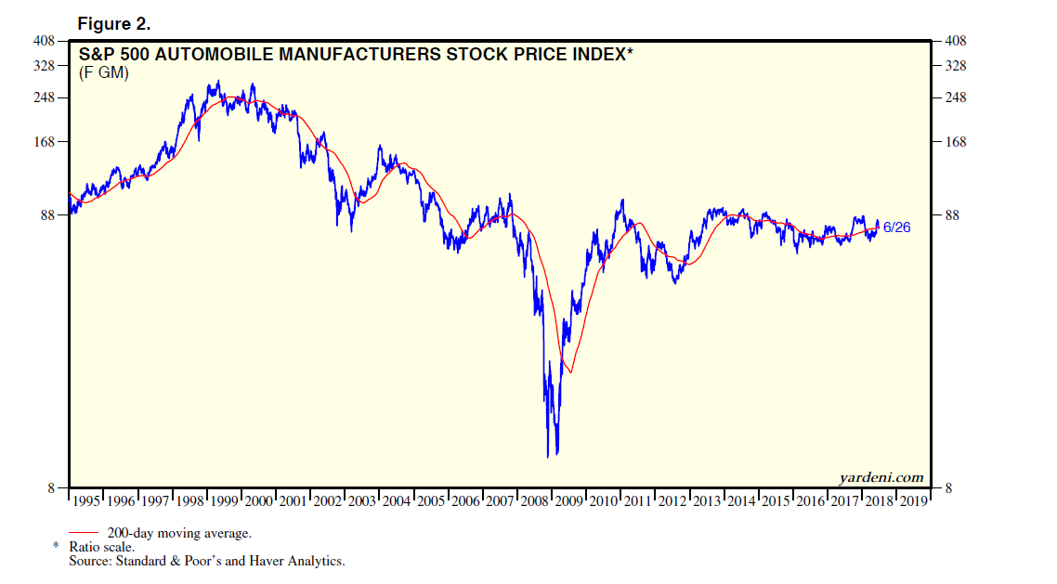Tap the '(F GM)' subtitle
(103, 73)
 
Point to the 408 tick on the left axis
(46, 41)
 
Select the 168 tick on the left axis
(46, 142)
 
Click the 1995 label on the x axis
(86, 502)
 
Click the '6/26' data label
(896, 227)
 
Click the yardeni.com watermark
(881, 478)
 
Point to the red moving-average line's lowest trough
(570, 373)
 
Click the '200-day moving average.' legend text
(179, 534)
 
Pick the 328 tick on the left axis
(46, 67)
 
